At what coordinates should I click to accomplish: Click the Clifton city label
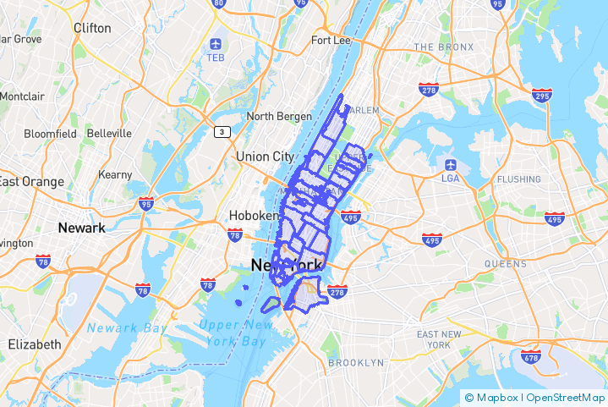pos(92,28)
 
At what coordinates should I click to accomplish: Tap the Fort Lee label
pos(331,40)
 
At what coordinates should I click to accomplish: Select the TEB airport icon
pos(216,43)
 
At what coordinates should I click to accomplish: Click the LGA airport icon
pos(450,163)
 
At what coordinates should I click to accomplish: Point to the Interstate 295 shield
pos(542,95)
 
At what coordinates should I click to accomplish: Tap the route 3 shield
pos(222,131)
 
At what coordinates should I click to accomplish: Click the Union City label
pos(265,157)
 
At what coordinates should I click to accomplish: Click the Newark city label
pos(81,228)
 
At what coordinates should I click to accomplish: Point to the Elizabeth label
pos(35,344)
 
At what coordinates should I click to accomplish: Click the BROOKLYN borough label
pos(355,363)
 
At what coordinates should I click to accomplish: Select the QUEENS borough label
pos(506,264)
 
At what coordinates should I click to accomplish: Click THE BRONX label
pos(443,47)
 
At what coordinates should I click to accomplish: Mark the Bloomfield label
pos(50,134)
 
